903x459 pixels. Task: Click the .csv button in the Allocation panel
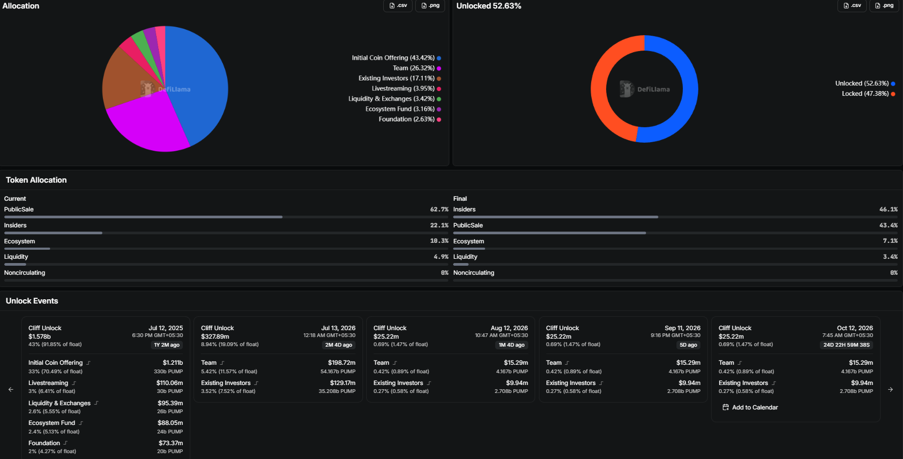click(x=398, y=6)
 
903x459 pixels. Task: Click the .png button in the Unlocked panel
click(x=884, y=6)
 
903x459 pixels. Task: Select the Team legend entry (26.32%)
click(x=416, y=68)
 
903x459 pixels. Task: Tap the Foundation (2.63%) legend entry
click(x=409, y=119)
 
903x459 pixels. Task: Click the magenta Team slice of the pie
click(x=145, y=125)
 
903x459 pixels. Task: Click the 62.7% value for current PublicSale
click(x=439, y=209)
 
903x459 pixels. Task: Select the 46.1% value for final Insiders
click(x=888, y=209)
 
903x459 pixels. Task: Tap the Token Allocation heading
click(x=36, y=180)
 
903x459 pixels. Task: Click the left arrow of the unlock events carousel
click(x=11, y=389)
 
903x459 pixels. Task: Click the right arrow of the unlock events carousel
click(x=891, y=389)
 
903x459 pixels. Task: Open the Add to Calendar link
click(x=750, y=407)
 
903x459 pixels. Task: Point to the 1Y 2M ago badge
click(x=167, y=345)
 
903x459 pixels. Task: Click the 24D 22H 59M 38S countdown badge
click(x=846, y=345)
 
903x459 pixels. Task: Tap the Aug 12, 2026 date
click(x=509, y=328)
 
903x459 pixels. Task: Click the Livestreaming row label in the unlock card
click(x=48, y=383)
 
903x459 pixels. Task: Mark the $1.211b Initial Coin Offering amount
click(x=173, y=363)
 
